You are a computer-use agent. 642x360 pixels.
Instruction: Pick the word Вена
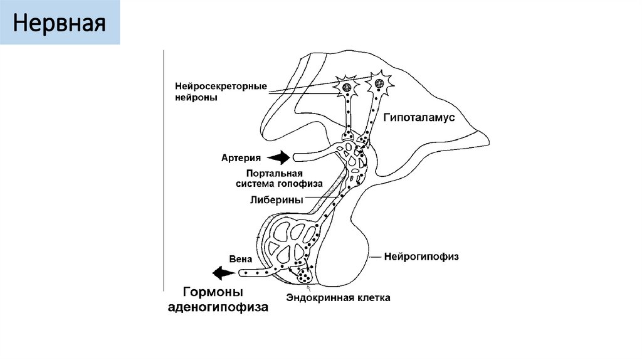coord(241,257)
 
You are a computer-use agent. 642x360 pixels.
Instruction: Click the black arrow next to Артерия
coord(280,157)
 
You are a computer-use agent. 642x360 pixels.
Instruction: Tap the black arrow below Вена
coord(223,273)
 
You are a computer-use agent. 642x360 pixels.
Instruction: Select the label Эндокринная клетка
coord(338,298)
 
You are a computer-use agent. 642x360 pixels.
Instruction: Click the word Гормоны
coord(213,292)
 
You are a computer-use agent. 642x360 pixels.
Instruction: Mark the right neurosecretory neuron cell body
coord(378,82)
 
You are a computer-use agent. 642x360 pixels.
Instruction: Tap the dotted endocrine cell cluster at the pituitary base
coord(305,273)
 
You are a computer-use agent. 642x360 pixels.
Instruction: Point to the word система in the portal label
coord(256,184)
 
